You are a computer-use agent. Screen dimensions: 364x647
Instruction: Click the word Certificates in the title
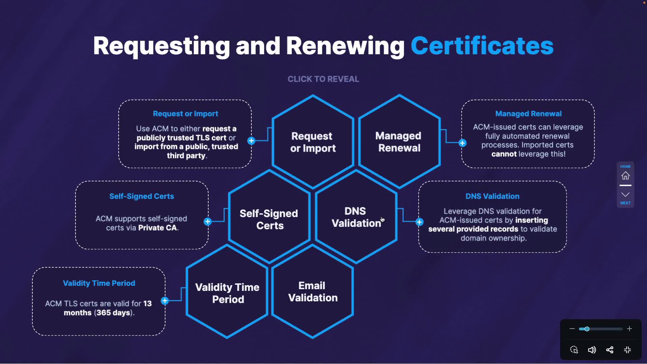click(482, 46)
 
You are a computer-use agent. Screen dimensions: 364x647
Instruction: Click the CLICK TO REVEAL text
click(323, 79)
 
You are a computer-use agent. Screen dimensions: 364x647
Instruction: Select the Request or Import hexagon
click(313, 142)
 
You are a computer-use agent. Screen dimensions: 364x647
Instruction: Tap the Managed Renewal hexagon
click(399, 142)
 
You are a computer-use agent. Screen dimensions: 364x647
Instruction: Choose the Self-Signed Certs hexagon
click(269, 219)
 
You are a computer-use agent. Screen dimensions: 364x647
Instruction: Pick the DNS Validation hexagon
click(356, 217)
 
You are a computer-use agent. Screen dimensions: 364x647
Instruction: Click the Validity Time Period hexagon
click(227, 293)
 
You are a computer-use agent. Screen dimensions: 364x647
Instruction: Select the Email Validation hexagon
click(313, 292)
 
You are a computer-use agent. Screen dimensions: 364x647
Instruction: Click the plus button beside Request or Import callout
click(251, 141)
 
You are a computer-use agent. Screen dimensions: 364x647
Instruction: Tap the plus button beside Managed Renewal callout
click(463, 143)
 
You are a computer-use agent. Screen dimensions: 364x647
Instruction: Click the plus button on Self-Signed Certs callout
click(208, 221)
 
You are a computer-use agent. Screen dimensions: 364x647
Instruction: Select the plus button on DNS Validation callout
click(419, 222)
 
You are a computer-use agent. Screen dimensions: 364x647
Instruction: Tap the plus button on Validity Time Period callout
click(165, 301)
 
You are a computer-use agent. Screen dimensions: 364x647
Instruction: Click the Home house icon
click(625, 176)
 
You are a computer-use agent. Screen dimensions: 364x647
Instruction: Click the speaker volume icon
click(592, 350)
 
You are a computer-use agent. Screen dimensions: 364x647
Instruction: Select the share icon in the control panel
click(610, 350)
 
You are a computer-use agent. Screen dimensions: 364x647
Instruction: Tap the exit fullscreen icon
click(627, 350)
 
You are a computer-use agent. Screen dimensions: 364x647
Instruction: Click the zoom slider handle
click(587, 329)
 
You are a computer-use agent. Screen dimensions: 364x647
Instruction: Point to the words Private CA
click(157, 228)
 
